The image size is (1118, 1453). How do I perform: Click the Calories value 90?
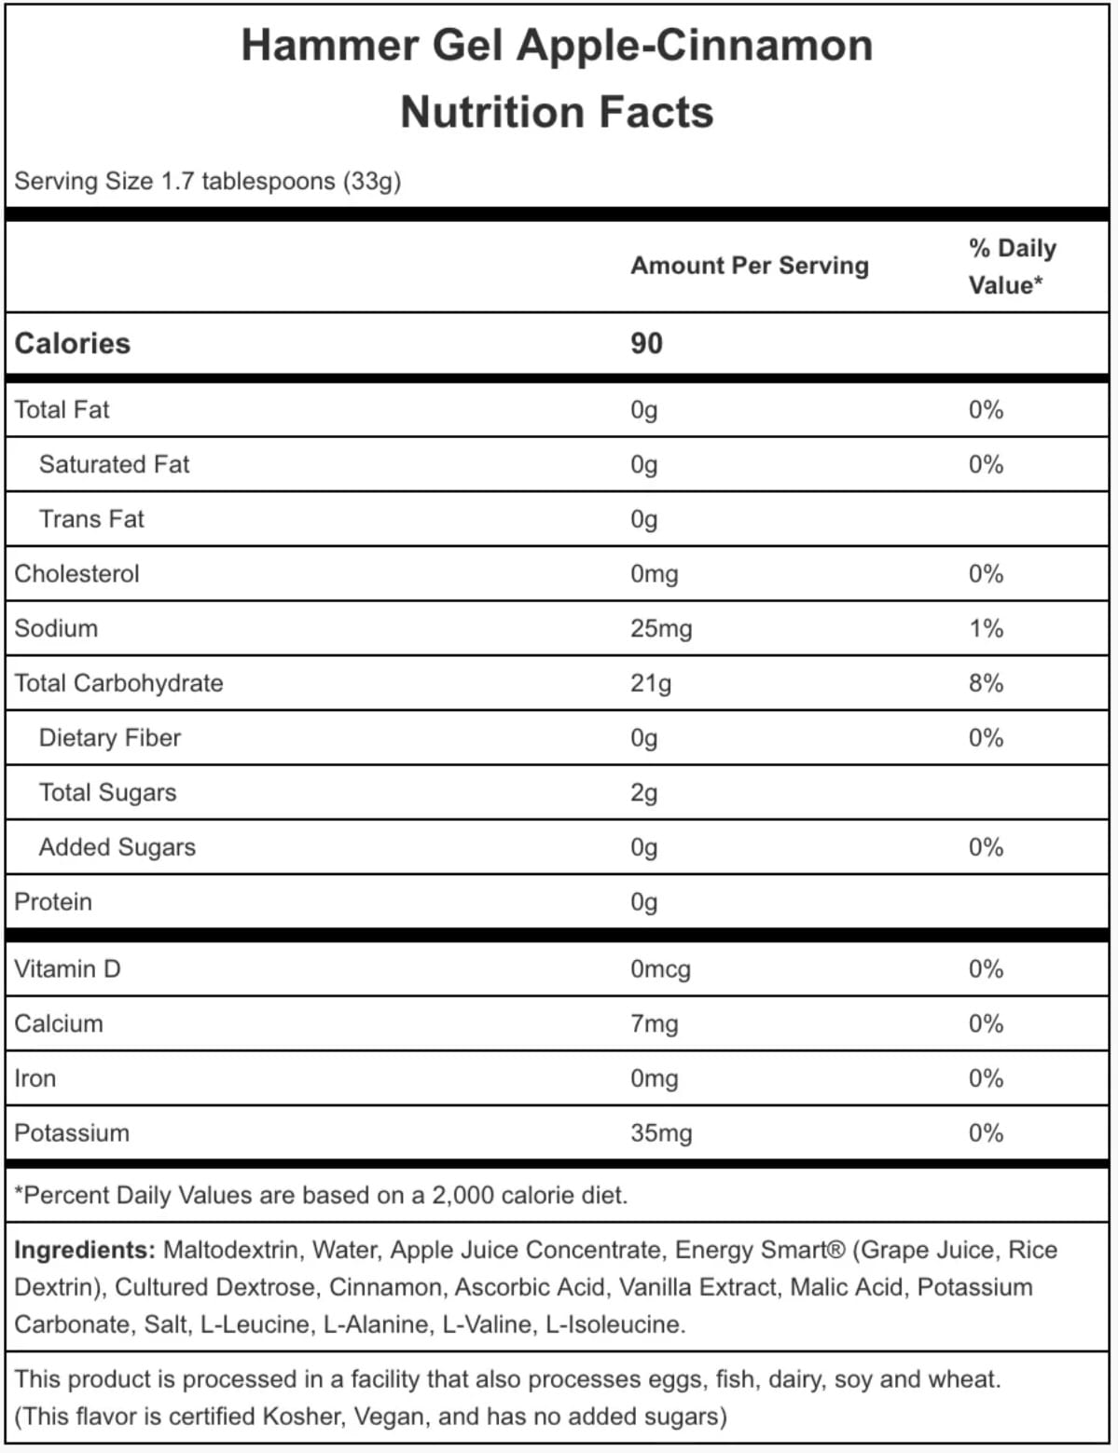(646, 343)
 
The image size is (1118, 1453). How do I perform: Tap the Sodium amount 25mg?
(661, 628)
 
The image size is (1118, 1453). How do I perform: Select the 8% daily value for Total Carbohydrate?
(986, 683)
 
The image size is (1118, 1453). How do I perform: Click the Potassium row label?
(72, 1133)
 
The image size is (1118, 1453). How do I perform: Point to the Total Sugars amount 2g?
(643, 793)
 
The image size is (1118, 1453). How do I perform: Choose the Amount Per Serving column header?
(750, 266)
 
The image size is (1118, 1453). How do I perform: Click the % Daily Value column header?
(1012, 266)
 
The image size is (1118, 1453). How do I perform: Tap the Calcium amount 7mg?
(654, 1024)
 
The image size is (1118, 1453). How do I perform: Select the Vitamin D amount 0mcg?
(660, 969)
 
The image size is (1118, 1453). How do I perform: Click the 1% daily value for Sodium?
(986, 628)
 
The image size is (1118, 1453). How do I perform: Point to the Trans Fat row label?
(91, 519)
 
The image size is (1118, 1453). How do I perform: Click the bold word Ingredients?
(84, 1250)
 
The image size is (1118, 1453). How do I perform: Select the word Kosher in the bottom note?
(304, 1417)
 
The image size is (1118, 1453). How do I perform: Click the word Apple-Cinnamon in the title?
(695, 45)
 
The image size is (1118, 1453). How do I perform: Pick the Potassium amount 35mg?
(661, 1133)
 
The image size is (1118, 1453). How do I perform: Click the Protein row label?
(53, 902)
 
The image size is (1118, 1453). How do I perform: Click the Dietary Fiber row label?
(110, 738)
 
